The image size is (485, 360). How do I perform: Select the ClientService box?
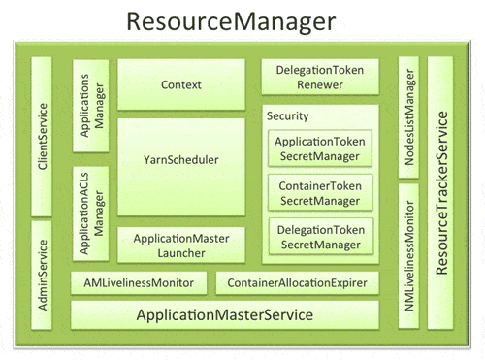(42, 136)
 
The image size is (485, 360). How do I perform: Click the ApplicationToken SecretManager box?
(320, 147)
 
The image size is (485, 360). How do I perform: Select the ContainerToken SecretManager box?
(320, 192)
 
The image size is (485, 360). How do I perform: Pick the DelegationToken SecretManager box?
(320, 237)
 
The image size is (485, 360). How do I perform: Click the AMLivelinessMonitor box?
(139, 283)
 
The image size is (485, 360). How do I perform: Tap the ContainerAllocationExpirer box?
(297, 283)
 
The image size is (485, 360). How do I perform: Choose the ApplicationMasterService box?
(224, 315)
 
